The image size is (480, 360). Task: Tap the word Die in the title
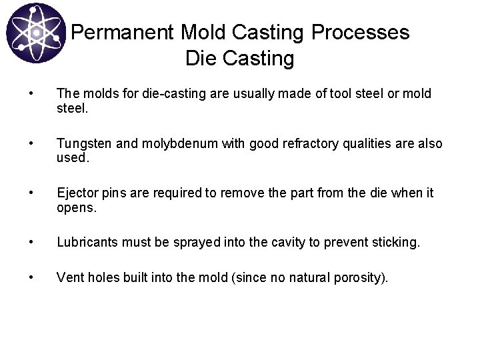[x=199, y=59]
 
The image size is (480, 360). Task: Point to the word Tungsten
[x=83, y=143]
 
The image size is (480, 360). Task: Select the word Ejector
[x=77, y=193]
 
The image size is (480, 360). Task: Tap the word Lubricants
[x=86, y=241]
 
